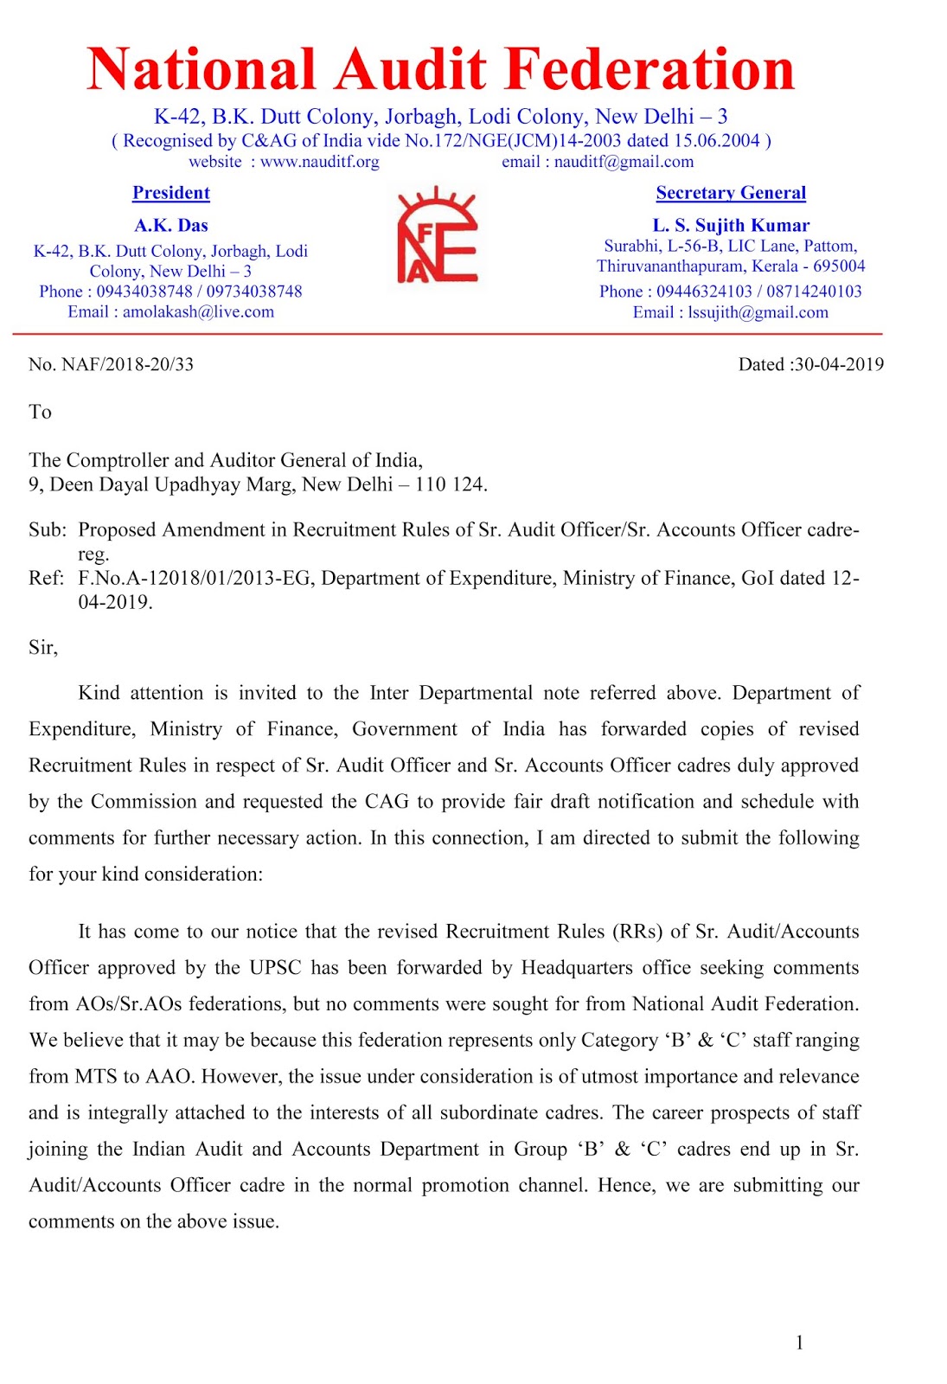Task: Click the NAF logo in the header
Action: pyautogui.click(x=437, y=236)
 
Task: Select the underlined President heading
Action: pyautogui.click(x=171, y=193)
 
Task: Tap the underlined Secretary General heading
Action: pyautogui.click(x=731, y=193)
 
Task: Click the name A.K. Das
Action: pyautogui.click(x=171, y=226)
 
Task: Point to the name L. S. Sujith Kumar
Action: pyautogui.click(x=731, y=226)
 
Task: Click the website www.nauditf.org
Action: pyautogui.click(x=319, y=162)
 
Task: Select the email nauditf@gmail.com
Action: pyautogui.click(x=624, y=162)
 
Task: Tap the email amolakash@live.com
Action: pyautogui.click(x=198, y=311)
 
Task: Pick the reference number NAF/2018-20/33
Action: pyautogui.click(x=127, y=364)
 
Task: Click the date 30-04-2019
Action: pyautogui.click(x=839, y=364)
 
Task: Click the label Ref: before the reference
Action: pyautogui.click(x=45, y=578)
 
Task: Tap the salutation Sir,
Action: pyautogui.click(x=42, y=648)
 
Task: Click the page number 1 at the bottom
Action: pyautogui.click(x=799, y=1342)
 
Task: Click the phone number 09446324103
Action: pyautogui.click(x=703, y=292)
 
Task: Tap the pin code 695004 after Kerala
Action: pyautogui.click(x=838, y=266)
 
